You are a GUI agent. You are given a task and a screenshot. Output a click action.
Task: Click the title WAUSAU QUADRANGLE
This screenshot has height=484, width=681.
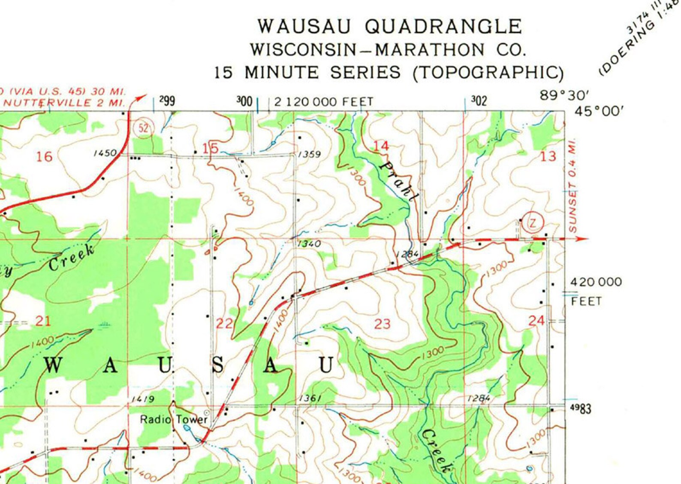click(389, 27)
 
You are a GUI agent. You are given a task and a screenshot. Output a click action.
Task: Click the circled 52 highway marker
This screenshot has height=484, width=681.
click(144, 128)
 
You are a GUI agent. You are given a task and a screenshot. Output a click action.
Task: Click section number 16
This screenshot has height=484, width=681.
click(44, 157)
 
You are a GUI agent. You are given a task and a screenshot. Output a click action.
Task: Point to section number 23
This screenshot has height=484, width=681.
click(382, 324)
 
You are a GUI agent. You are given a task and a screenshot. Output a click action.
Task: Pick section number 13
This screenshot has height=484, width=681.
click(548, 156)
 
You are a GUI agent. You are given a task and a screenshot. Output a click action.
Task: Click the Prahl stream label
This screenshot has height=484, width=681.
click(399, 181)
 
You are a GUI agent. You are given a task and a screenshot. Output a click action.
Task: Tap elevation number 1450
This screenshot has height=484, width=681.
click(105, 153)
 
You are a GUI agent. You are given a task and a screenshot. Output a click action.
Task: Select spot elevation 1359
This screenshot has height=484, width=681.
click(309, 154)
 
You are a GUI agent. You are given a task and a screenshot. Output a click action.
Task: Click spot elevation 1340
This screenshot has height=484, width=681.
click(309, 244)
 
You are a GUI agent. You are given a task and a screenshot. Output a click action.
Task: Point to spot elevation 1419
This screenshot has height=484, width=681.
click(143, 399)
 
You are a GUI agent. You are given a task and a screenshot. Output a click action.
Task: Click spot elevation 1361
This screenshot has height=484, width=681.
click(310, 399)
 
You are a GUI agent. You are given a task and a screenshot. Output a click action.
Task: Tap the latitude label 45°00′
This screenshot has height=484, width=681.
click(599, 112)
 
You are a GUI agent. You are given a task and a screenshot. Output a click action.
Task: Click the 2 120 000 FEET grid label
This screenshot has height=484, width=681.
click(324, 102)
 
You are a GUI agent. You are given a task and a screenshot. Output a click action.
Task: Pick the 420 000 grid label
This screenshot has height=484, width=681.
click(596, 282)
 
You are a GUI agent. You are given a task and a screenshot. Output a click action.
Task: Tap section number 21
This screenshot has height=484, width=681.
click(43, 321)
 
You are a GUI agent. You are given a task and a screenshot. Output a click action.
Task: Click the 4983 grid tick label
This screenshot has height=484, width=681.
click(581, 408)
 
